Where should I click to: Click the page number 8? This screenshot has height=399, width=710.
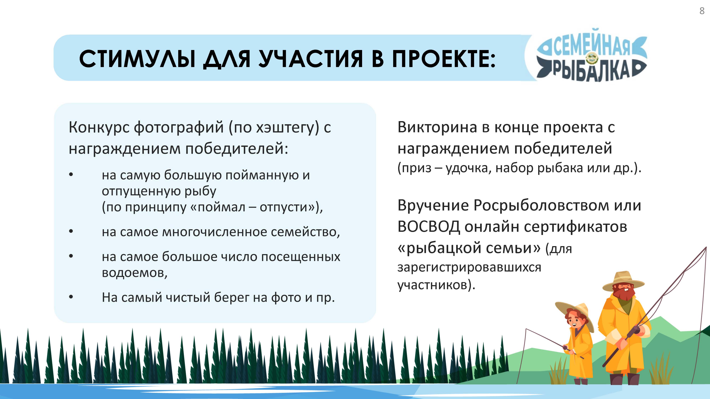tap(702, 11)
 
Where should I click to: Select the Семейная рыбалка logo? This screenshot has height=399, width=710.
tap(591, 55)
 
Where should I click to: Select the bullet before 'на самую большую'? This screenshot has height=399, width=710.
tap(71, 174)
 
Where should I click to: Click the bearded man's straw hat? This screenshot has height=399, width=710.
tap(623, 281)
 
